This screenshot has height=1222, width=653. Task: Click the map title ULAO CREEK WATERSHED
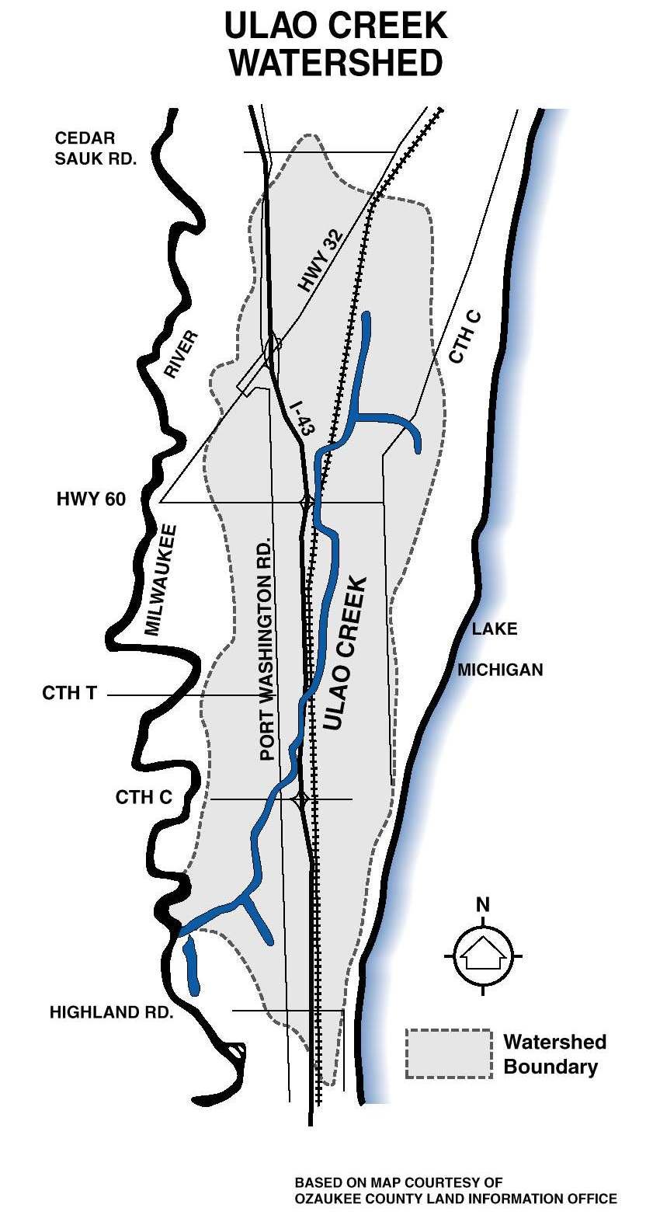pos(335,44)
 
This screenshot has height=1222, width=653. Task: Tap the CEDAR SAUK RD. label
pos(96,148)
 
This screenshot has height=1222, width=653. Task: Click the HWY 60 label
pos(91,499)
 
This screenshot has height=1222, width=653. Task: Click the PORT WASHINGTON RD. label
pos(267,648)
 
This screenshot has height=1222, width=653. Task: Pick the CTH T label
pos(69,692)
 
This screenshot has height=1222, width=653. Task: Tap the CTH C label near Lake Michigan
pos(466,337)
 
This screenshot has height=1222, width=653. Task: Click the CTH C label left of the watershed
pos(144,797)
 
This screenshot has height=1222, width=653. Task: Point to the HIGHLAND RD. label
pos(111,1012)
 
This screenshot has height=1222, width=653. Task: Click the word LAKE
pos(495,628)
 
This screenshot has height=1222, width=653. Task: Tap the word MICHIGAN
pos(500,670)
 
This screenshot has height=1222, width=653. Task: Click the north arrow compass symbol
pos(483,955)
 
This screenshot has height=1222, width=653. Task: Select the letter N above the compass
pos(483,904)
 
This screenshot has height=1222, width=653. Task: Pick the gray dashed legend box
pos(449,1053)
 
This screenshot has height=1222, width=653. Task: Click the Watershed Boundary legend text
pos(554,1053)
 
